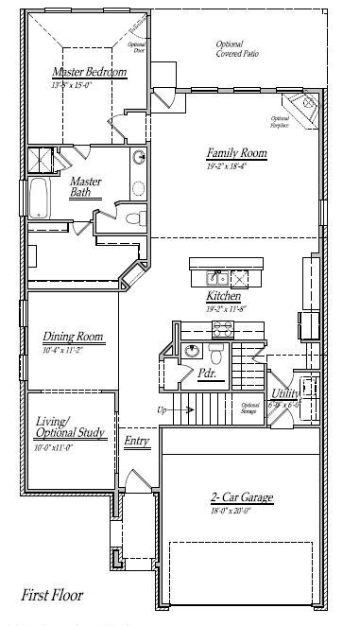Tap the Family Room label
236,152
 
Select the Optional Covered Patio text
236,49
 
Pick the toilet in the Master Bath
133,218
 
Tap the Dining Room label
73,337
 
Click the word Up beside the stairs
163,409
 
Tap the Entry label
137,442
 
